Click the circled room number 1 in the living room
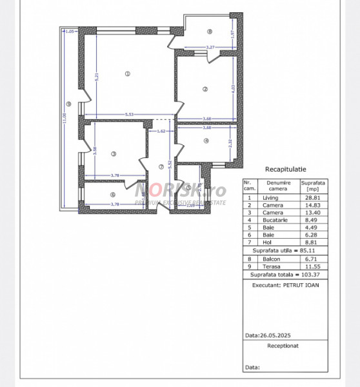click(128, 74)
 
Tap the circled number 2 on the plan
click(205, 89)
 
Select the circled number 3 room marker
click(113, 154)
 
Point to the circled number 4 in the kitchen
click(206, 141)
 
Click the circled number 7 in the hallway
click(161, 168)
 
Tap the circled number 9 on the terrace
click(68, 105)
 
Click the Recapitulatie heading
click(283, 169)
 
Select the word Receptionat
click(283, 346)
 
